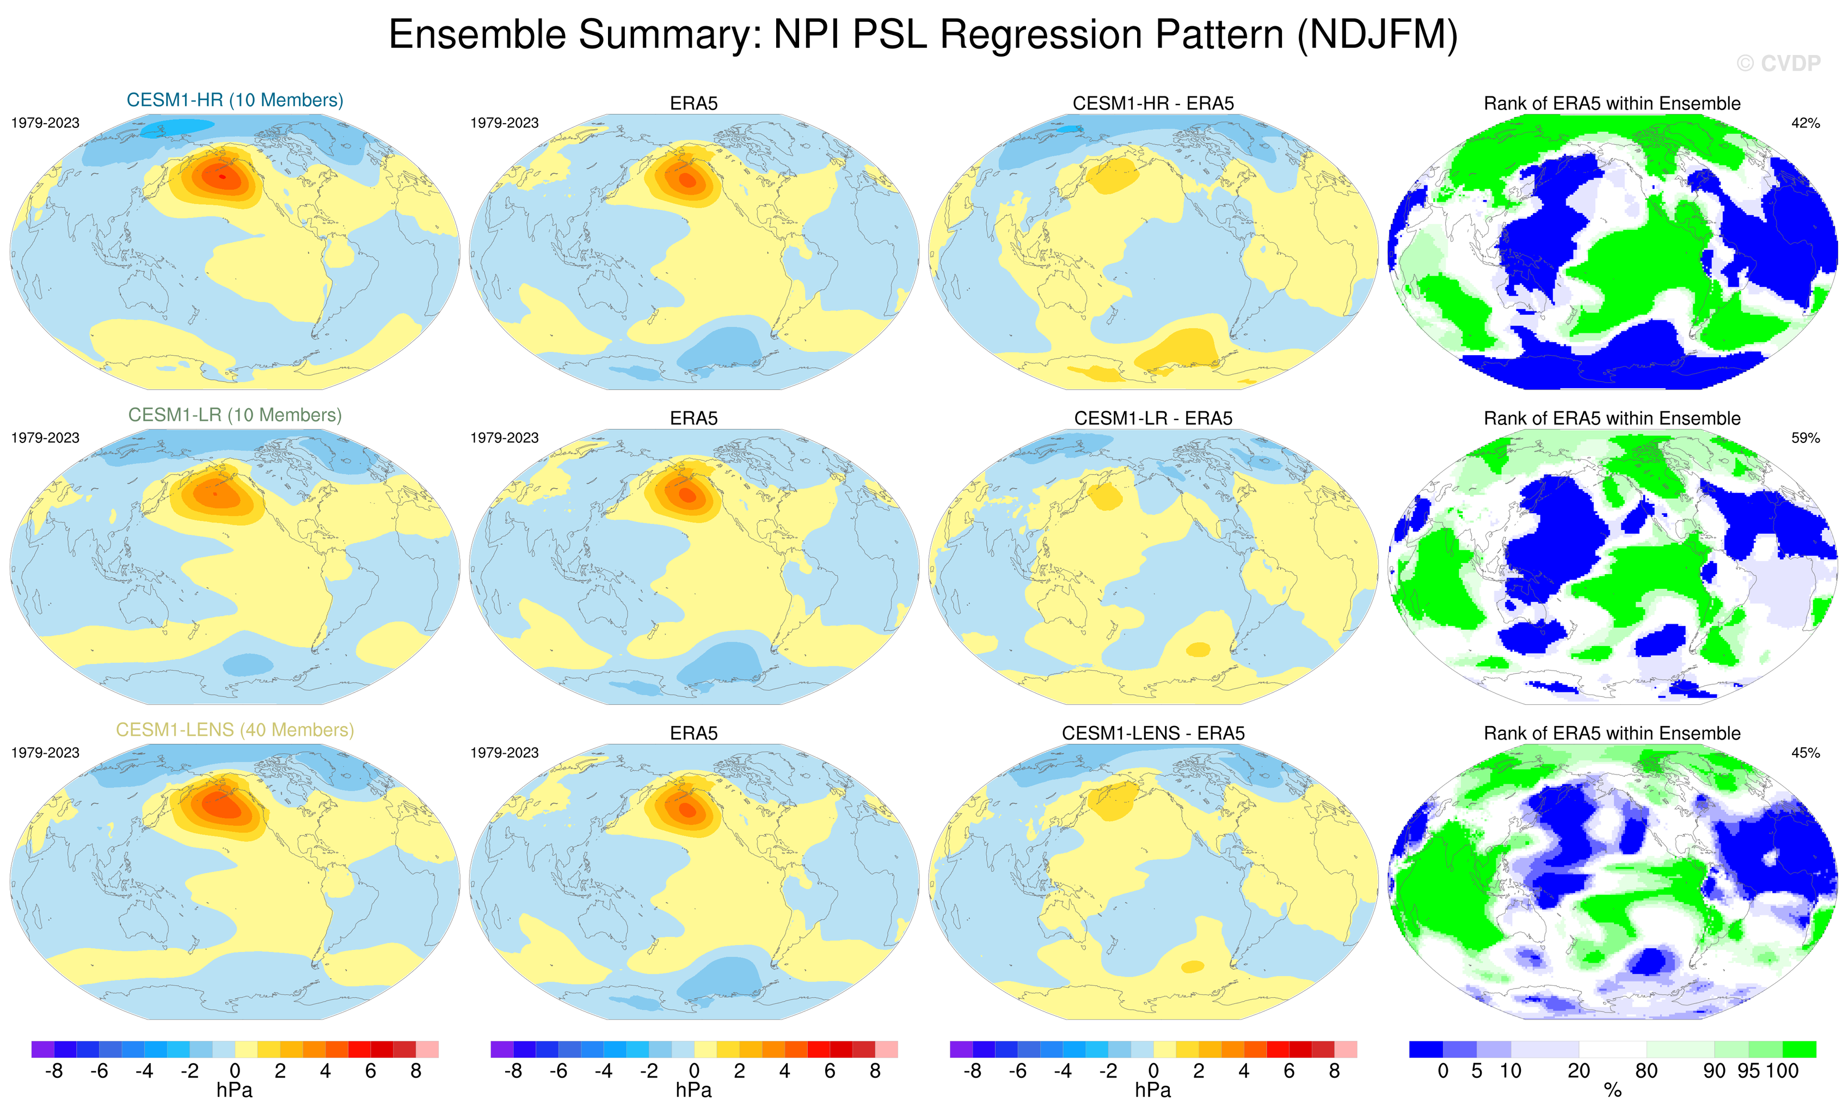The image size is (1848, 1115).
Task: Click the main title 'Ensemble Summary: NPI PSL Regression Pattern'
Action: (923, 35)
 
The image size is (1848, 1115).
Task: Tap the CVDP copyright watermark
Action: (1778, 64)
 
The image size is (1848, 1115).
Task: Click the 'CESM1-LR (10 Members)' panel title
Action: (235, 415)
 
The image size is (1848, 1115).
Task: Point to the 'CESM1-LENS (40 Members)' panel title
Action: (235, 730)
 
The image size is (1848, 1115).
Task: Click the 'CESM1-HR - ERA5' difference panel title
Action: (1153, 103)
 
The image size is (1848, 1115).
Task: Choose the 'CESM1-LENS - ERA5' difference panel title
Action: (1153, 733)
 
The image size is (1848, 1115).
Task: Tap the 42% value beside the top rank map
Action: (1805, 123)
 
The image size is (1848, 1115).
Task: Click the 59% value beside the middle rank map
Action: (1805, 438)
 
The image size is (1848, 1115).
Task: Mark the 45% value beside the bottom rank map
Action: (1805, 753)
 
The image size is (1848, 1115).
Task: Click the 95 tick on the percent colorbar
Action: (1748, 1071)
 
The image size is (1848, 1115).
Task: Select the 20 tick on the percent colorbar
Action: (1578, 1071)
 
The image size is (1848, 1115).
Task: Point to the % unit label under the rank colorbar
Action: (1612, 1090)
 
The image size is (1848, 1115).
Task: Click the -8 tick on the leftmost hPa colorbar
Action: (53, 1071)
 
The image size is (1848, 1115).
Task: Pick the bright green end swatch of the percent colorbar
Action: (1799, 1049)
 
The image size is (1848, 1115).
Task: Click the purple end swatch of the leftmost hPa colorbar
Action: (43, 1049)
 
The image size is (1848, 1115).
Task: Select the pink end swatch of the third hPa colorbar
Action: (1346, 1049)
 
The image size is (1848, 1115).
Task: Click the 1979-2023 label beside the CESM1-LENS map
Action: (45, 753)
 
